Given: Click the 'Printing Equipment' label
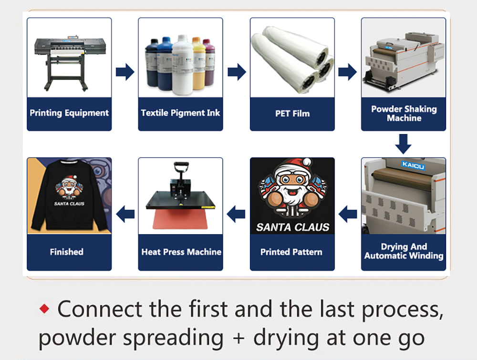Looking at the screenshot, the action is click(69, 113).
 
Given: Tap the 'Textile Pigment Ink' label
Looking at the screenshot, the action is click(180, 113).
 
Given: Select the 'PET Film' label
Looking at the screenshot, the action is click(292, 113).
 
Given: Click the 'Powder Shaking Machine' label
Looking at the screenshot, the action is click(404, 113).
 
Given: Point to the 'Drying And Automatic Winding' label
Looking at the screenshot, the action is click(404, 251).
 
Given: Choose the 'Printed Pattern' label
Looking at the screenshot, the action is click(291, 252).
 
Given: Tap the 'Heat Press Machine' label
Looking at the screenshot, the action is click(181, 252).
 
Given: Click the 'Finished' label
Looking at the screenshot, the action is click(67, 252).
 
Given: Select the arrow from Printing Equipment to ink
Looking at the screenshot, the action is click(125, 72).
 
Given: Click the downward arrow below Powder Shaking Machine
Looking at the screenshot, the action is click(404, 144).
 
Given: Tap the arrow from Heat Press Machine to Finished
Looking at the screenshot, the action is click(125, 214).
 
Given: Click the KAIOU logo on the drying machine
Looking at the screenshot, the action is click(413, 165).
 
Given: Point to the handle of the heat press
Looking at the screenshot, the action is click(181, 167).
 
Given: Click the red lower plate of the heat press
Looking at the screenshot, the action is click(180, 219).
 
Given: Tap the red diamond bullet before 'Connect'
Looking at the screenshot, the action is click(44, 309).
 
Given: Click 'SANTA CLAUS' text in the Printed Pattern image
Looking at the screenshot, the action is click(293, 227).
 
